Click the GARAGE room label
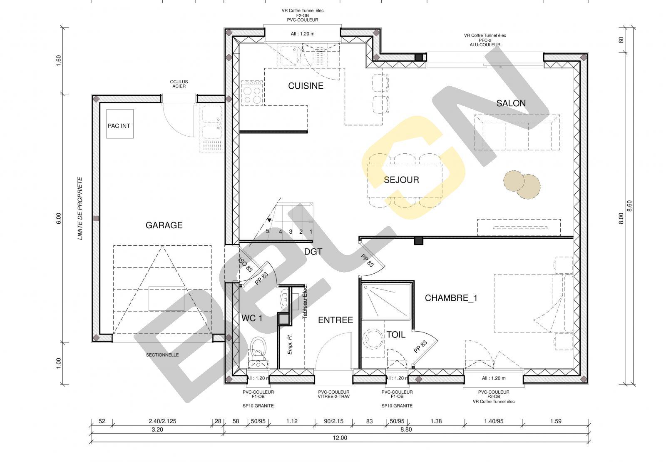(x=164, y=225)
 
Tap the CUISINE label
(x=306, y=86)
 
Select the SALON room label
(x=511, y=103)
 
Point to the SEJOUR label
(x=401, y=180)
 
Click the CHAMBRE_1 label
(x=451, y=298)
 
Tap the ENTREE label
(x=335, y=320)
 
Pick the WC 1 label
(x=252, y=318)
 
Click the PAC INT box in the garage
(x=120, y=124)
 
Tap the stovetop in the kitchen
(x=252, y=93)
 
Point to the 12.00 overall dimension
(x=340, y=437)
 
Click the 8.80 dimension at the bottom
(x=406, y=429)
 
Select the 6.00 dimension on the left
(x=59, y=218)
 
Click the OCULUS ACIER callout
(x=179, y=84)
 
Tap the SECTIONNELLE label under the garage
(x=162, y=355)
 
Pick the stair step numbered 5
(x=268, y=231)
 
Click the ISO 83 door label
(x=246, y=265)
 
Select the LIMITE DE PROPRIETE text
(x=80, y=209)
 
